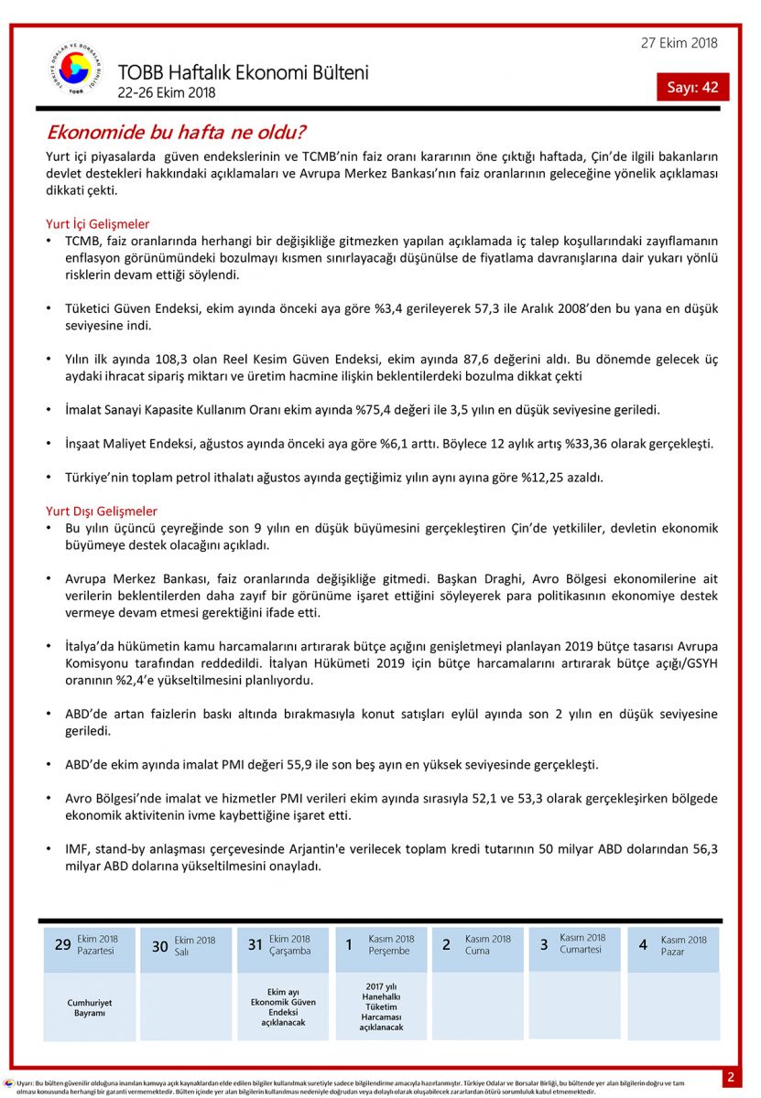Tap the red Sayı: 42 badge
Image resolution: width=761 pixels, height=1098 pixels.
(x=692, y=87)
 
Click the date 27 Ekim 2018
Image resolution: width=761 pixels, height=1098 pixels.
(x=679, y=43)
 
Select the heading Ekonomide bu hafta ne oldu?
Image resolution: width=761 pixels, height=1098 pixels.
(x=176, y=132)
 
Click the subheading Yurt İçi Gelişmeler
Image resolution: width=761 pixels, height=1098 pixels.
(x=98, y=223)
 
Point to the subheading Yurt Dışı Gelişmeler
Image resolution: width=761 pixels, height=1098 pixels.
(x=102, y=511)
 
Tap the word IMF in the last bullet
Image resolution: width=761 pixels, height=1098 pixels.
(x=78, y=849)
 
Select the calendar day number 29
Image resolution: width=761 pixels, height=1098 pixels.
(x=62, y=944)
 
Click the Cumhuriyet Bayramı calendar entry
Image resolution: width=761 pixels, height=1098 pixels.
(x=90, y=1007)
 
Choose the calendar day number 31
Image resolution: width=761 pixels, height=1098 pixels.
(x=255, y=944)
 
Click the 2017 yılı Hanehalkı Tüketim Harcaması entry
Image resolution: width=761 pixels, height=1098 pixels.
(x=382, y=1006)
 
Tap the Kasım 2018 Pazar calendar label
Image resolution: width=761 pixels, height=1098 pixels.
(x=684, y=945)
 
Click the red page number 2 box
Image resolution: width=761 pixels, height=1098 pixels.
(x=731, y=1077)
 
